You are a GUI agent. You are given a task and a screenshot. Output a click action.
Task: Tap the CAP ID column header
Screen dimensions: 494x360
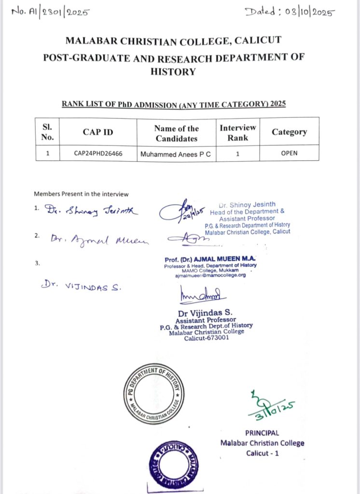point(98,132)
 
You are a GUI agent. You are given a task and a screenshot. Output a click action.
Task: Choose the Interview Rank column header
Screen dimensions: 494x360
point(238,132)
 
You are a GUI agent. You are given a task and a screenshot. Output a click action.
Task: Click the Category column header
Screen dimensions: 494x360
point(289,132)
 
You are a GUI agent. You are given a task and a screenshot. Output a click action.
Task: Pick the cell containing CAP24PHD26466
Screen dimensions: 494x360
point(98,154)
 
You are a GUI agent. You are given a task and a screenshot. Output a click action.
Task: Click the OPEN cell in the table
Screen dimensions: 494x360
point(289,153)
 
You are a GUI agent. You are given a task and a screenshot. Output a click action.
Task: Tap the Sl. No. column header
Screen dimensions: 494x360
point(48,132)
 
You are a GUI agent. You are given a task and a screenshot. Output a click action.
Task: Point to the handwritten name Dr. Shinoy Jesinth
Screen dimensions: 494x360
point(92,210)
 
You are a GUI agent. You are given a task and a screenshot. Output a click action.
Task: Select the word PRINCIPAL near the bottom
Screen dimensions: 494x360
point(262,433)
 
